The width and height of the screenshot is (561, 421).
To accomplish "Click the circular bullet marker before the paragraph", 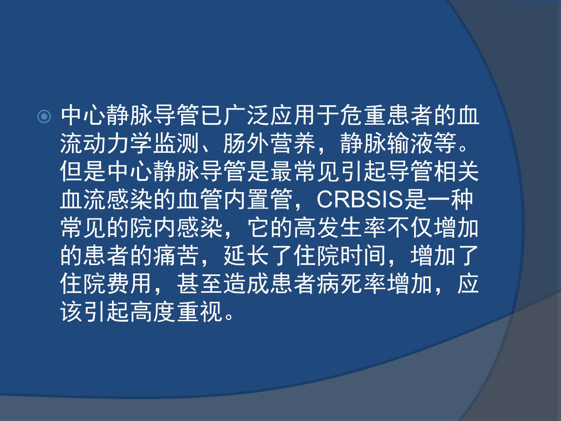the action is [x=44, y=116].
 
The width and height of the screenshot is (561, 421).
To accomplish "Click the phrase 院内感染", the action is [x=176, y=227].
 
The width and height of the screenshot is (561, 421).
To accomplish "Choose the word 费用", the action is [x=130, y=283].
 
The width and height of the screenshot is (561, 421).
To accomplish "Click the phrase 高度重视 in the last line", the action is [x=176, y=311].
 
